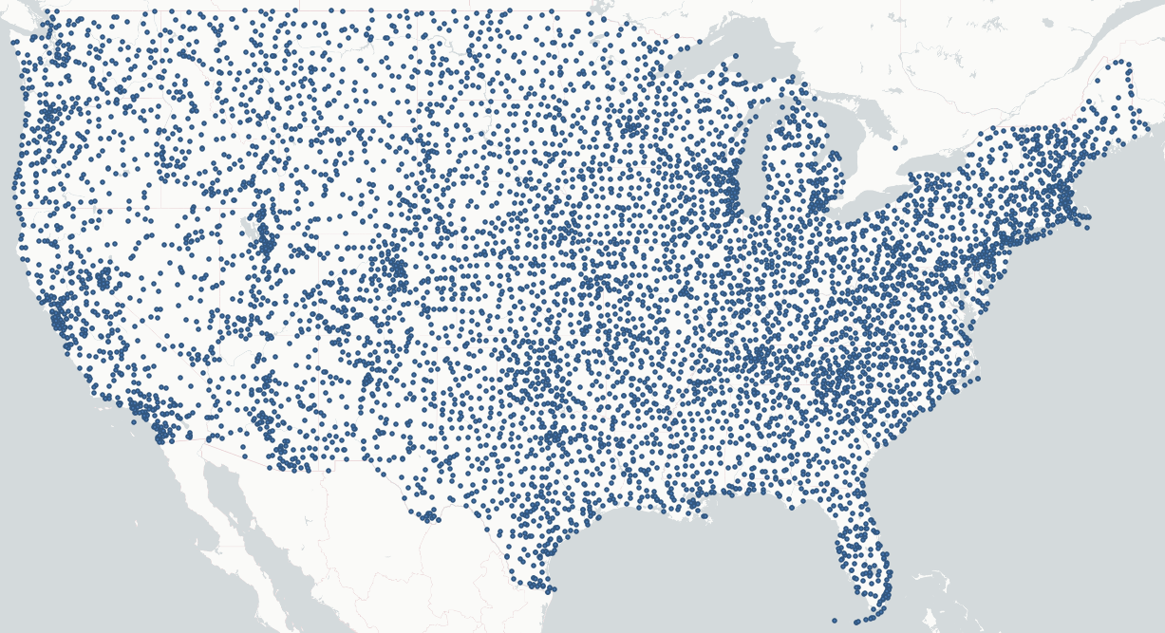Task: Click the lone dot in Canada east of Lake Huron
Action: click(x=895, y=147)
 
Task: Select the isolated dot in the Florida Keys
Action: click(x=835, y=621)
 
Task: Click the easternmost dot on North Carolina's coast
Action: click(x=978, y=379)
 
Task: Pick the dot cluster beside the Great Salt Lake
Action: click(x=265, y=237)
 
